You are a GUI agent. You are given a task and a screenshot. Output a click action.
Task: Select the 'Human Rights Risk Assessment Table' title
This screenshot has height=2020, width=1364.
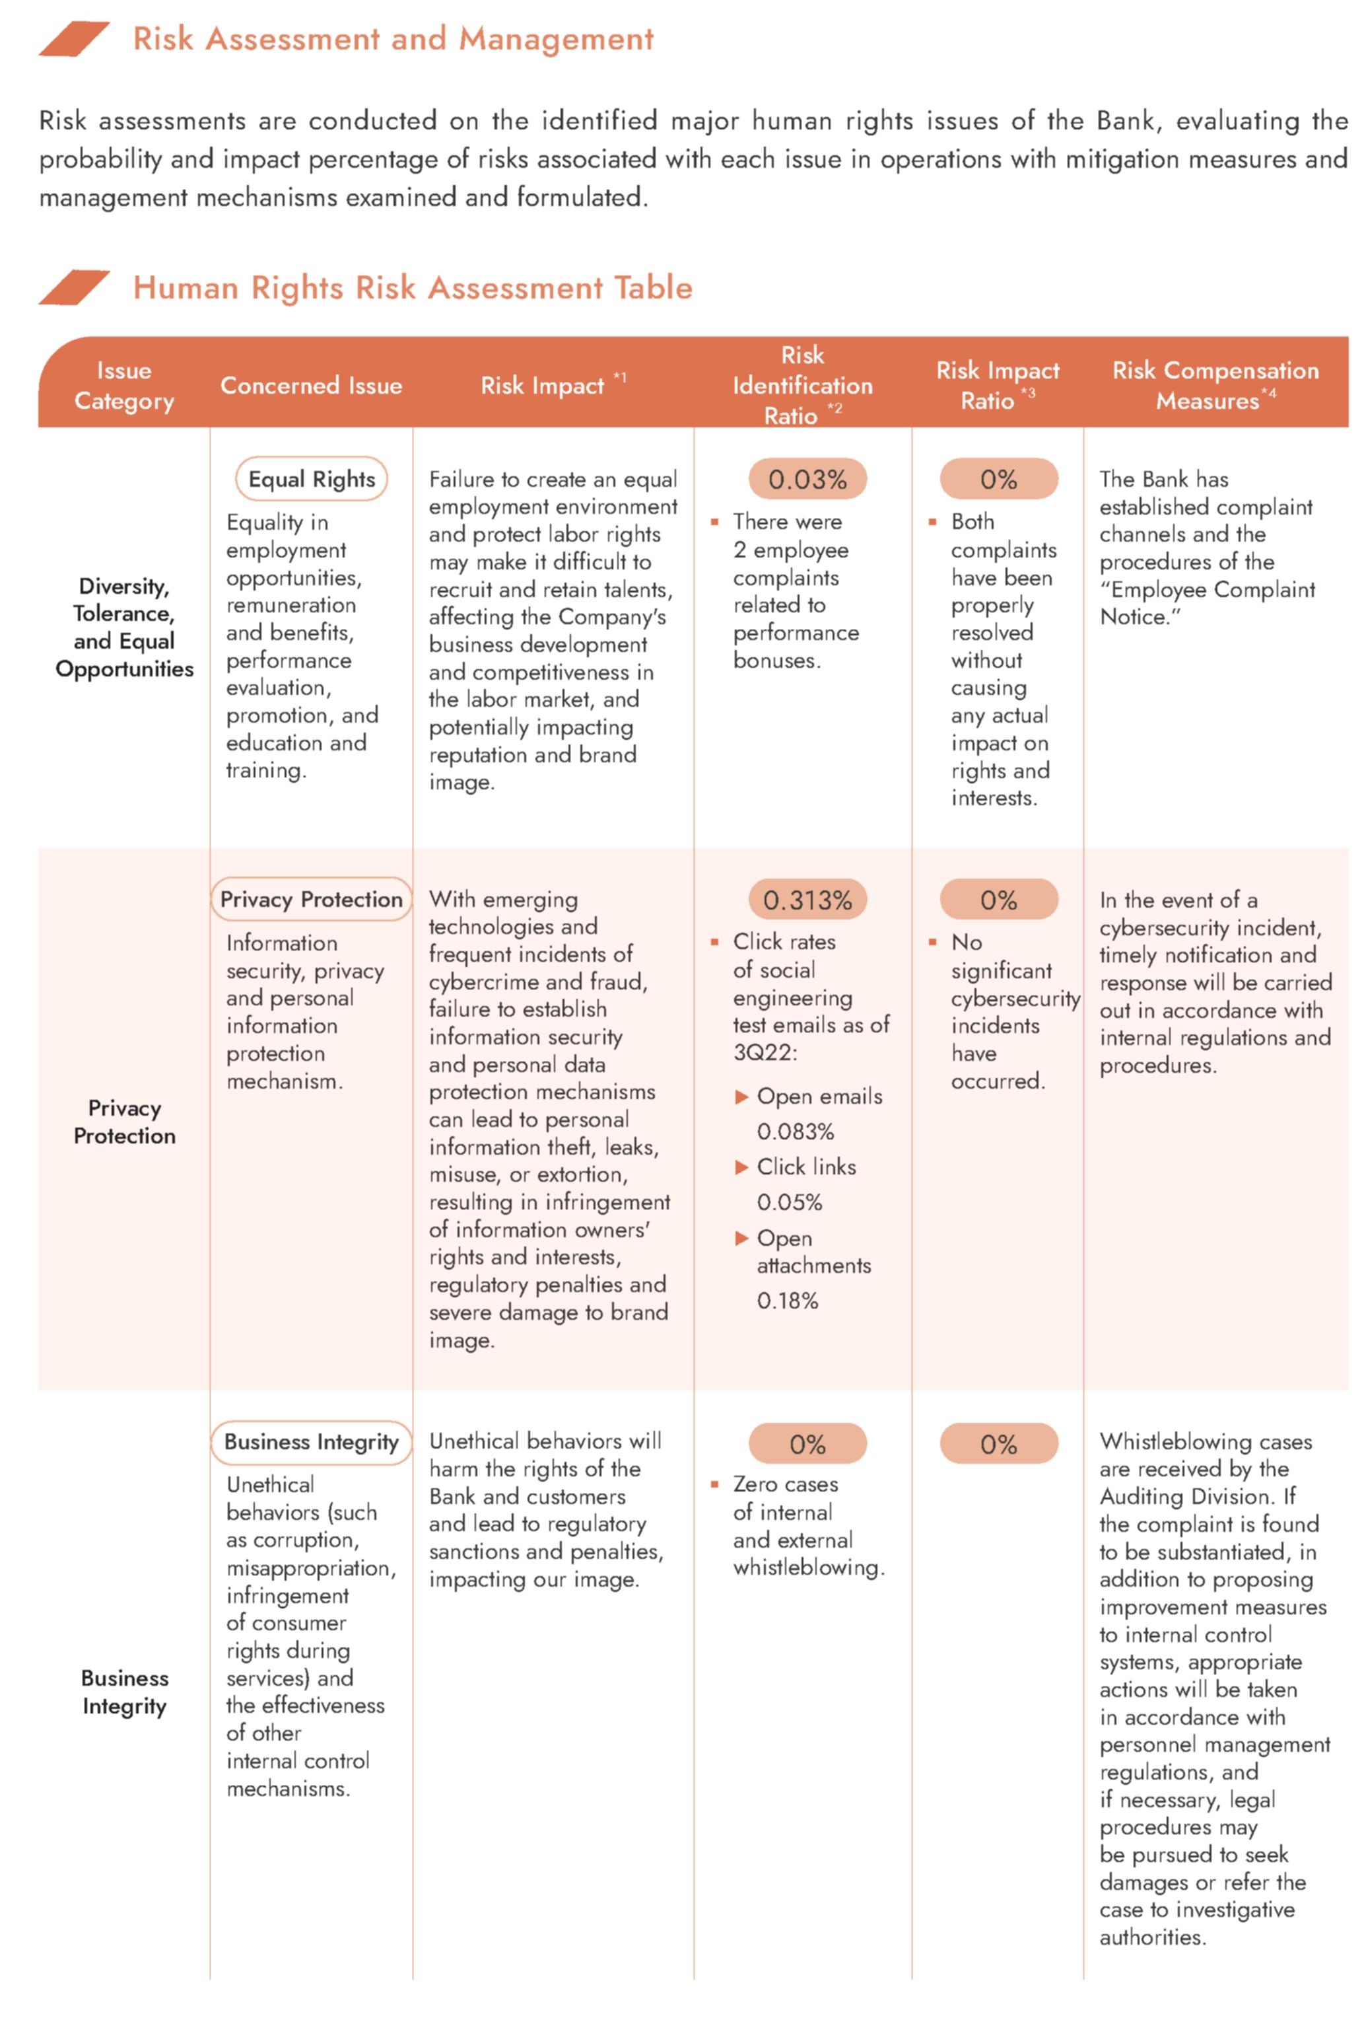(413, 288)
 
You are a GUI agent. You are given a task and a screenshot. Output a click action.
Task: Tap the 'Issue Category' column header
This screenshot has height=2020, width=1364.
(124, 385)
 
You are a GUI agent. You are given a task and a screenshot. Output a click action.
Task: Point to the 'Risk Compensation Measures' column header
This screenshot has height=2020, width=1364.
(1215, 385)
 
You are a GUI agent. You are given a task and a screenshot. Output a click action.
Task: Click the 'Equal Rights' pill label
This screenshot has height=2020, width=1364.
(311, 479)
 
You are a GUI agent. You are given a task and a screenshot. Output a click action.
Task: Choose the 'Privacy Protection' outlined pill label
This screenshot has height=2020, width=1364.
(311, 900)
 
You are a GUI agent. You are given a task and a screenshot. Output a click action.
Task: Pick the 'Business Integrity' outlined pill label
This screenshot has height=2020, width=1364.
(311, 1442)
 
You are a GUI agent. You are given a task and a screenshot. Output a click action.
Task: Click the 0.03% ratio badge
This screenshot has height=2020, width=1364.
(807, 479)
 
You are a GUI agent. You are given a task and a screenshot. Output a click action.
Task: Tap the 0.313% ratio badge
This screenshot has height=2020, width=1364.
(807, 900)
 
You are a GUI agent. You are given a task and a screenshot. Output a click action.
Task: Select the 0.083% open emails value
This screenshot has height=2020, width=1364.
(795, 1132)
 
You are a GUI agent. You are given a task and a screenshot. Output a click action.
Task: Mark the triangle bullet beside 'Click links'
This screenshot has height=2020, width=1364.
(741, 1167)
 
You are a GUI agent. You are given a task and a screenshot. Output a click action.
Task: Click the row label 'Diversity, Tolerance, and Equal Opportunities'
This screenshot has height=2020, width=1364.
(124, 627)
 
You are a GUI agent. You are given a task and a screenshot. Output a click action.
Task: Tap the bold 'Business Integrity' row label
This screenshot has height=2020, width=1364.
(124, 1692)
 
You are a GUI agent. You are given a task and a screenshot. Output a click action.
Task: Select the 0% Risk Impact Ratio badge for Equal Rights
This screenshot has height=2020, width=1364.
(998, 479)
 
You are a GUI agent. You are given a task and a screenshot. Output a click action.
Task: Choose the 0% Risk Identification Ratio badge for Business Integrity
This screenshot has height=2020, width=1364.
(807, 1445)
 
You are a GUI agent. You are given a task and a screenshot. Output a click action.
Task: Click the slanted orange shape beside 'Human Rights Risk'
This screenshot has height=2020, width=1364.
(74, 288)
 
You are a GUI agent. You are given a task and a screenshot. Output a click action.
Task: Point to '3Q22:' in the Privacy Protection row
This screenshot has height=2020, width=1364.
(765, 1052)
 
